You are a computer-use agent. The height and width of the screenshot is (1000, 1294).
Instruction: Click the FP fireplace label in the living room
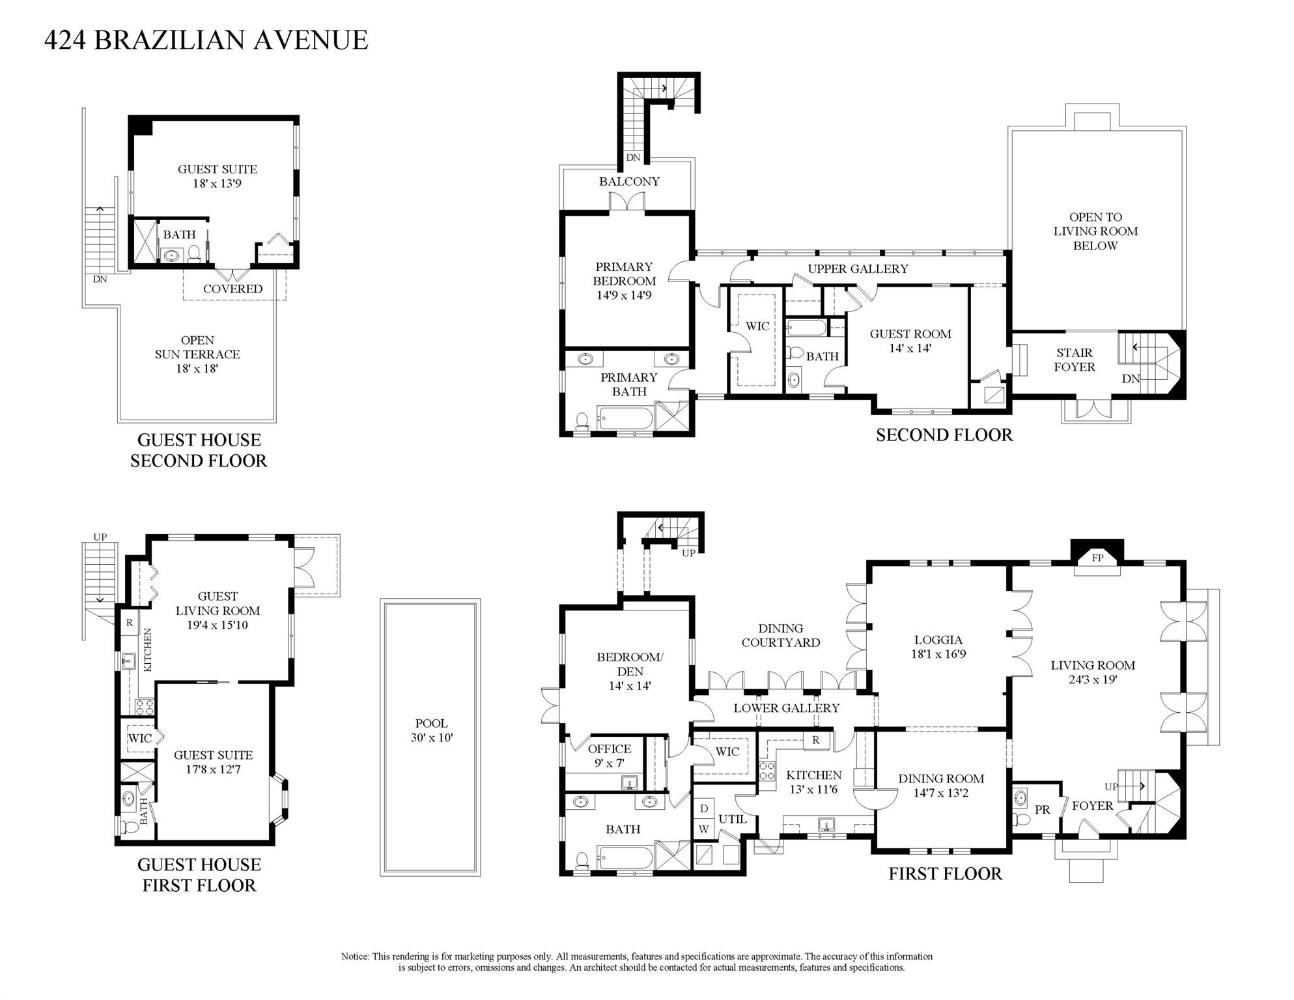pos(1097,558)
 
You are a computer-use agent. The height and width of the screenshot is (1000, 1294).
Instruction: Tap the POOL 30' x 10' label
pos(431,730)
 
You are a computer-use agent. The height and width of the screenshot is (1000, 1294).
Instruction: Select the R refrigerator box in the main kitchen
pos(815,741)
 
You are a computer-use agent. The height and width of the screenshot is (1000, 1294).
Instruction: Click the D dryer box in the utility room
pos(704,808)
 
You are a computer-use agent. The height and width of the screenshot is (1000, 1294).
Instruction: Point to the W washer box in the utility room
pos(704,829)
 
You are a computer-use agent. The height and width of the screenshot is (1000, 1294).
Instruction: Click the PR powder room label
pos(1042,810)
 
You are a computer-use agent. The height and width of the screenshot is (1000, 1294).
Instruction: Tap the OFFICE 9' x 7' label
pos(610,756)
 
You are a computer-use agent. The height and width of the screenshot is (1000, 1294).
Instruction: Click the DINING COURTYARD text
pos(780,635)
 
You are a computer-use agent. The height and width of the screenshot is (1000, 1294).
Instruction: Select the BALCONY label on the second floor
pos(629,182)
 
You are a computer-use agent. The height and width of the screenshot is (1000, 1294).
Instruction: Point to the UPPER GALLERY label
pos(858,269)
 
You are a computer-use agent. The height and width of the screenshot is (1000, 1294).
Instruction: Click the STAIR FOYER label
pos(1074,360)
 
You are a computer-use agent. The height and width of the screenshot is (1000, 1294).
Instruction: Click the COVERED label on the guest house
pos(232,289)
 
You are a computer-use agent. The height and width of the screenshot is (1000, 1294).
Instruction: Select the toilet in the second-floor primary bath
pos(582,421)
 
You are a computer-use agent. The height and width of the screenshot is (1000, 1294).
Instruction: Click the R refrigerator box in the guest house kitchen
pos(130,623)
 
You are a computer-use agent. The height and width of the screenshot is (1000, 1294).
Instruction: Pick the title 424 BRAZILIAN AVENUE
pos(206,40)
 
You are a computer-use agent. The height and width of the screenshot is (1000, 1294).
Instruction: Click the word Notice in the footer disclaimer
pos(355,956)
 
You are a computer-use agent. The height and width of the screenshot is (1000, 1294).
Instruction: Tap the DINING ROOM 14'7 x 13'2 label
pos(940,786)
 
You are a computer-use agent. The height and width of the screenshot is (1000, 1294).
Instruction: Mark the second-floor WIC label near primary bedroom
pos(757,326)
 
